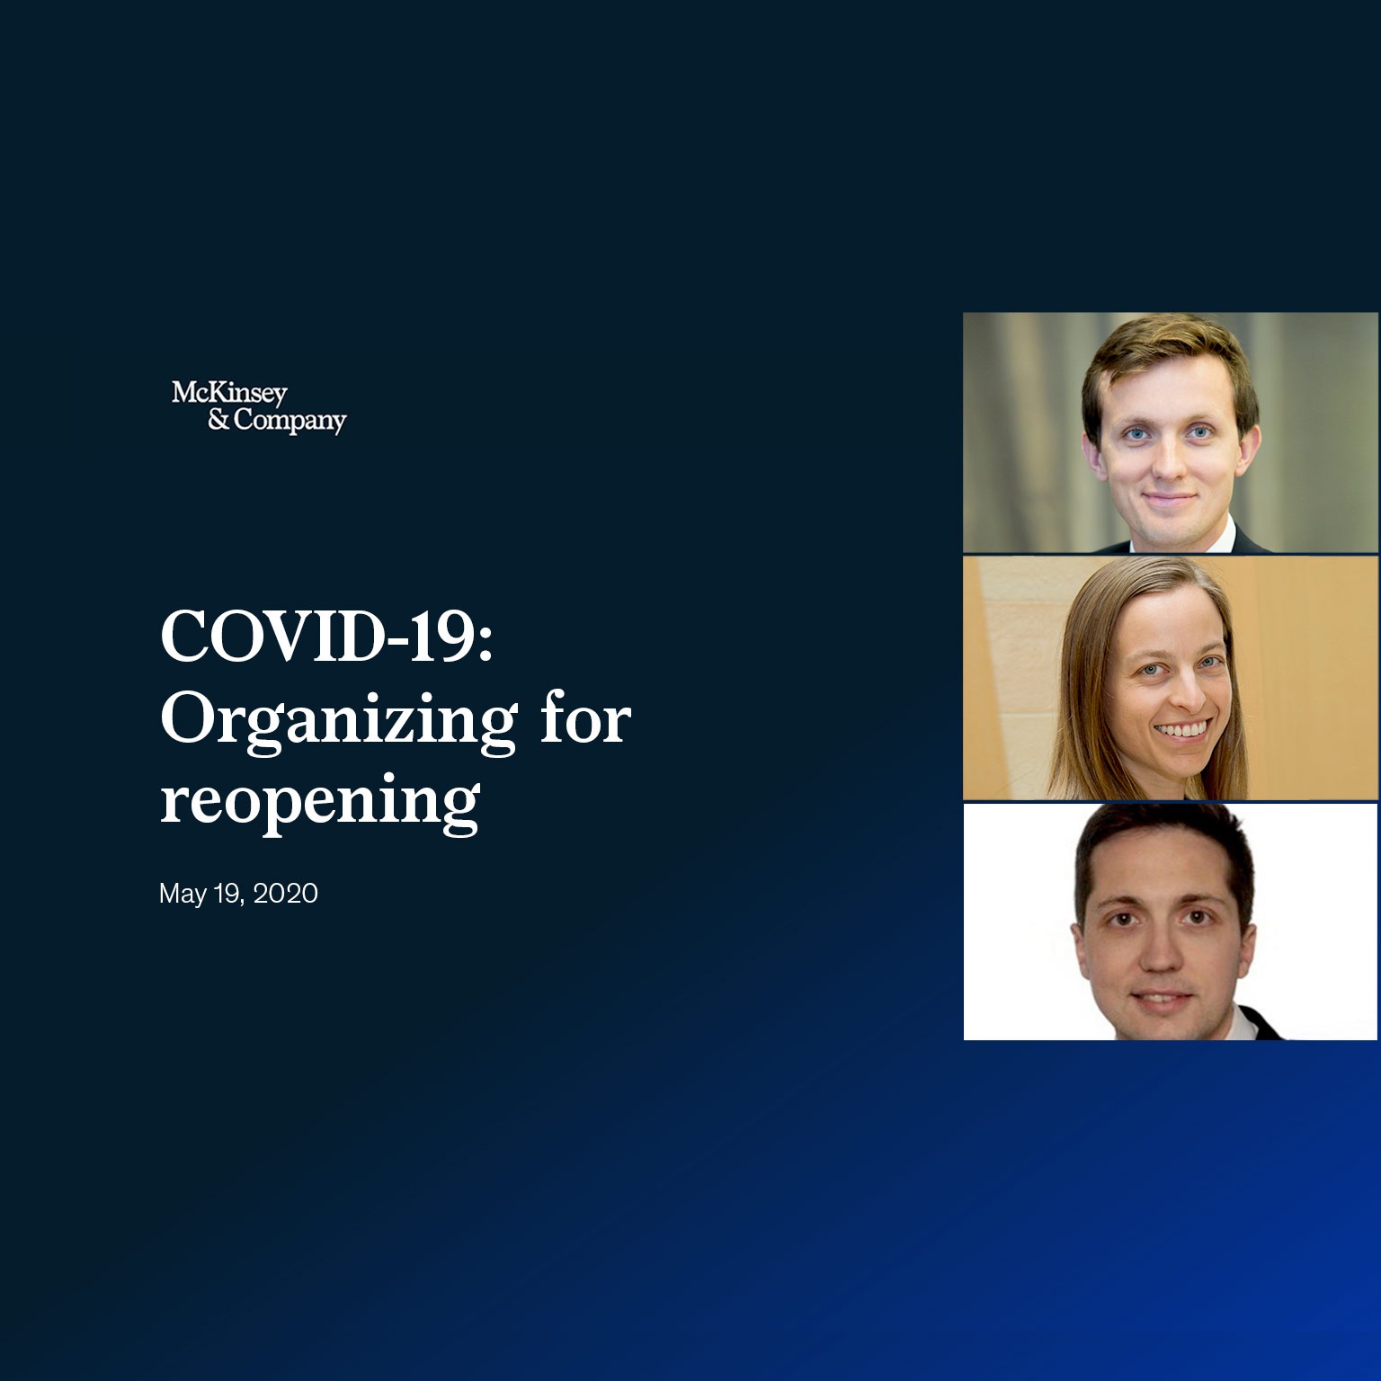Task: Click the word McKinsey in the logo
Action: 229,393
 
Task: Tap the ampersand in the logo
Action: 218,420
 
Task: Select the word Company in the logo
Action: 290,421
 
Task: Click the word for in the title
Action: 585,719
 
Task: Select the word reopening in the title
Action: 319,800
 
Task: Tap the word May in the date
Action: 183,894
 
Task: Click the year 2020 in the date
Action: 285,894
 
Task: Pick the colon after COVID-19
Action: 486,638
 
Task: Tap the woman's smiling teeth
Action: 1182,730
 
